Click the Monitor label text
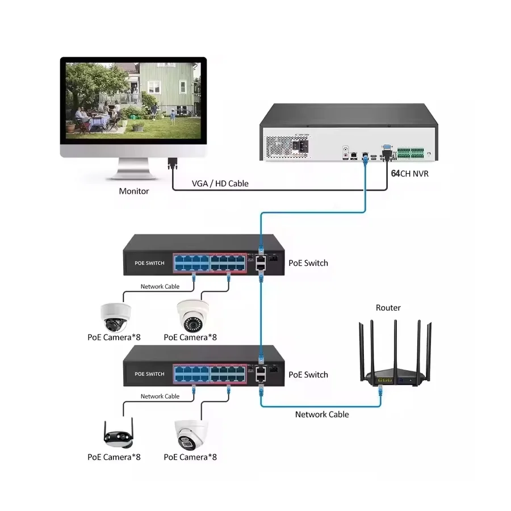click(134, 191)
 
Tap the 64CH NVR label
click(410, 174)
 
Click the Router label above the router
click(388, 308)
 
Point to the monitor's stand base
click(134, 175)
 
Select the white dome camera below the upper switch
click(115, 316)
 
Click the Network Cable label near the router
click(322, 414)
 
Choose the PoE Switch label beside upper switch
click(308, 263)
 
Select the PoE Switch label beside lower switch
click(308, 375)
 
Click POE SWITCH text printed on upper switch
click(149, 263)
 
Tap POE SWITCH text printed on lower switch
click(149, 374)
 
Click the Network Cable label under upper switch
click(160, 287)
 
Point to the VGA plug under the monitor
click(172, 165)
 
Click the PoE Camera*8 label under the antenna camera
click(114, 456)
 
